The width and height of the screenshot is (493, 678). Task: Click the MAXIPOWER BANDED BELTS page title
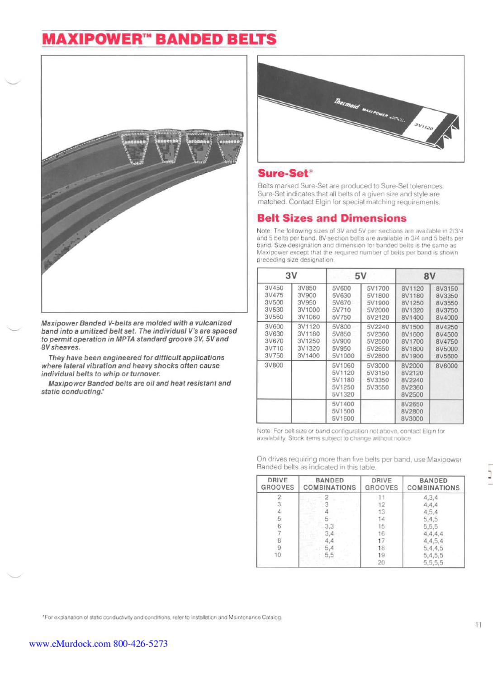coord(159,39)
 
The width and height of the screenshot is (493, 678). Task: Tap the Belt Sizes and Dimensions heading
coord(332,218)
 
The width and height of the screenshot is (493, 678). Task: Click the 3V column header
coord(291,276)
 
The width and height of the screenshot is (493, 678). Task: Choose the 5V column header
coord(360,276)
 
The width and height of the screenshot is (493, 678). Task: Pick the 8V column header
coord(429,276)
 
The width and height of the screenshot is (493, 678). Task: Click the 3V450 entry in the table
coord(274,288)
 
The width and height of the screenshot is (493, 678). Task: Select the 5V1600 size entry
coord(343,419)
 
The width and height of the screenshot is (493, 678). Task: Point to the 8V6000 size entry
coord(446,366)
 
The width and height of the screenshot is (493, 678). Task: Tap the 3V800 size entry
coord(274,365)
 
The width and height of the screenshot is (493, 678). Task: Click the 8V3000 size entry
coord(412,419)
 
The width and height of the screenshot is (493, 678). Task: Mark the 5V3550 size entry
coord(378,387)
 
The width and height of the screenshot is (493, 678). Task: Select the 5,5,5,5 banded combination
coord(433,563)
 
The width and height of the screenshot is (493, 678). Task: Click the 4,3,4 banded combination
coord(431,498)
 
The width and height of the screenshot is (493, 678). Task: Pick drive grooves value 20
coord(381,563)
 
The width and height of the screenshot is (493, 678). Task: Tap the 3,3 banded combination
coord(329,527)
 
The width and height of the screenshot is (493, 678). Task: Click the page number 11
coord(478,625)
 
